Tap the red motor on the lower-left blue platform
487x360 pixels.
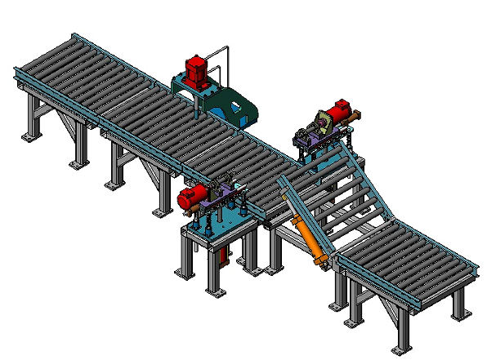point(191,196)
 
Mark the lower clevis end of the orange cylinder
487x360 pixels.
point(324,263)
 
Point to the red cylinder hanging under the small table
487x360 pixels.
point(222,258)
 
